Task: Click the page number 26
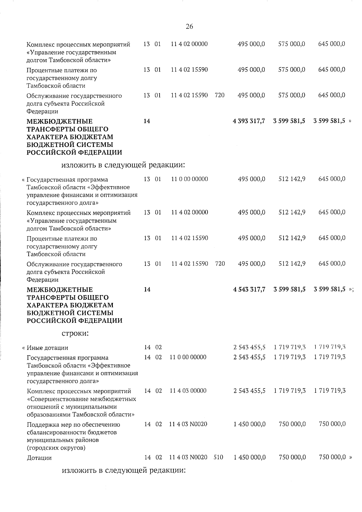pyautogui.click(x=189, y=27)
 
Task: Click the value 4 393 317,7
pyautogui.click(x=249, y=121)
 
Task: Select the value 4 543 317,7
pyautogui.click(x=249, y=289)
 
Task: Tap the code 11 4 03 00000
pyautogui.click(x=188, y=391)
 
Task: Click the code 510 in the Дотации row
pyautogui.click(x=218, y=457)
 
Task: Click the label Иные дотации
pyautogui.click(x=47, y=348)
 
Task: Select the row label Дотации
pyautogui.click(x=39, y=458)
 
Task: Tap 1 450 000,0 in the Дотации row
pyautogui.click(x=249, y=457)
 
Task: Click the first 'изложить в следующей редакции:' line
pyautogui.click(x=123, y=165)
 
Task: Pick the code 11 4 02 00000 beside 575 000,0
pyautogui.click(x=189, y=44)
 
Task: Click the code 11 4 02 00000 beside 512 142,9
pyautogui.click(x=189, y=212)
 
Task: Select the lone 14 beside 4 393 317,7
pyautogui.click(x=147, y=121)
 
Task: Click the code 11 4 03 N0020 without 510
pyautogui.click(x=188, y=424)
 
